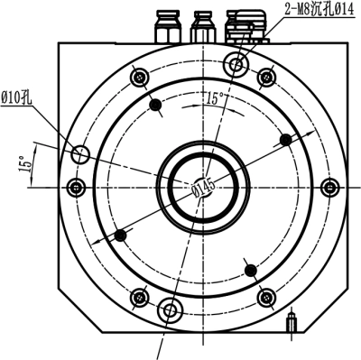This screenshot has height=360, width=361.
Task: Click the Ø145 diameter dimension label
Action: pyautogui.click(x=204, y=188)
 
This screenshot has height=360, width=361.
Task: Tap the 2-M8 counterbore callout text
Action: pyautogui.click(x=319, y=10)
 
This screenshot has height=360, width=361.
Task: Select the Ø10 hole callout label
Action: pyautogui.click(x=16, y=98)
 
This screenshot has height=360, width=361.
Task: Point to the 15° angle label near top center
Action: pyautogui.click(x=215, y=98)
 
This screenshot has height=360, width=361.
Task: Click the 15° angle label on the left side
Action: pyautogui.click(x=25, y=164)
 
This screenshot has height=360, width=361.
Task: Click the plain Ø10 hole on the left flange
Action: pyautogui.click(x=80, y=154)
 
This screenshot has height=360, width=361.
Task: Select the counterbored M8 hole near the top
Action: pyautogui.click(x=236, y=64)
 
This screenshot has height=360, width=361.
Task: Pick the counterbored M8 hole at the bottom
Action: pyautogui.click(x=171, y=310)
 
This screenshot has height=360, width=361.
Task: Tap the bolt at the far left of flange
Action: pyautogui.click(x=76, y=188)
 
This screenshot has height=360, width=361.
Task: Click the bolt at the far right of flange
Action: pyautogui.click(x=330, y=188)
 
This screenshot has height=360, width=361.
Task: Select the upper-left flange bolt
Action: pyautogui.click(x=139, y=78)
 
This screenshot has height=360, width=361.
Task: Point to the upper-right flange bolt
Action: pyautogui.click(x=266, y=78)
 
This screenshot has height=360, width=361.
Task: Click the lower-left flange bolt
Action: pyautogui.click(x=139, y=298)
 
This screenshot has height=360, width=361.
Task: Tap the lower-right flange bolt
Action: pyautogui.click(x=266, y=298)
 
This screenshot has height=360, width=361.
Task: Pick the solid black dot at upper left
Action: pyautogui.click(x=155, y=105)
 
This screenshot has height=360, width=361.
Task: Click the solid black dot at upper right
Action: pyautogui.click(x=285, y=140)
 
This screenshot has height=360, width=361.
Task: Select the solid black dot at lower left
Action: pyautogui.click(x=121, y=235)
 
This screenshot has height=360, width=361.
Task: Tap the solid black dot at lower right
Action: pyautogui.click(x=251, y=270)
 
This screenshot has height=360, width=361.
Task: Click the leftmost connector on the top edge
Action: pyautogui.click(x=168, y=27)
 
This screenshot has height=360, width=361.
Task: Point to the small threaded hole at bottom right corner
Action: pyautogui.click(x=291, y=322)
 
